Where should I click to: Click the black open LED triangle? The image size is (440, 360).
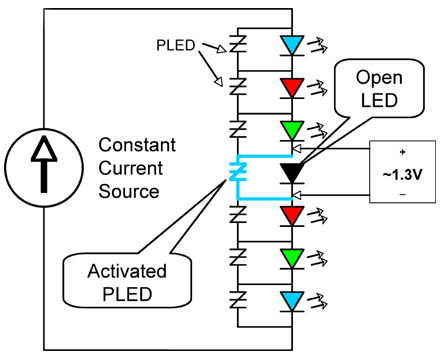click(292, 173)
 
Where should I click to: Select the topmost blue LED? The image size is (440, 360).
click(292, 45)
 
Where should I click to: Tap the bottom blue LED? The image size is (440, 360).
click(292, 301)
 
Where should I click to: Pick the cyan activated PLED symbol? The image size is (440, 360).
click(238, 171)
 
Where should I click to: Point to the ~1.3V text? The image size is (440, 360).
click(402, 175)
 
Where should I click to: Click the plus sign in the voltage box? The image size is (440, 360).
click(403, 152)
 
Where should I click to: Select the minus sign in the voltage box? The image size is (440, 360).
click(403, 194)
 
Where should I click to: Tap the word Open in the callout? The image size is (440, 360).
click(379, 79)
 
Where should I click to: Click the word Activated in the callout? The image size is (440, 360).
click(127, 271)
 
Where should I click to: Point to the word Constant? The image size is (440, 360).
click(137, 145)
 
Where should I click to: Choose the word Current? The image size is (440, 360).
click(131, 168)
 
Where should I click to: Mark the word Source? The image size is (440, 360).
click(129, 191)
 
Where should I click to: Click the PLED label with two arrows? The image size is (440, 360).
click(176, 45)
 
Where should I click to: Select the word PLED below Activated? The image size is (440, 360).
click(127, 294)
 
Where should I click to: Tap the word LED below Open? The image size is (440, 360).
click(379, 100)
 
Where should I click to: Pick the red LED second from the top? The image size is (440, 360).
click(292, 88)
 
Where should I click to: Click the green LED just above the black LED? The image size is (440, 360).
click(292, 130)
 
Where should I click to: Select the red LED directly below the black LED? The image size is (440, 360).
click(292, 216)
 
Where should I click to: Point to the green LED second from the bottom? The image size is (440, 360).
click(292, 258)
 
